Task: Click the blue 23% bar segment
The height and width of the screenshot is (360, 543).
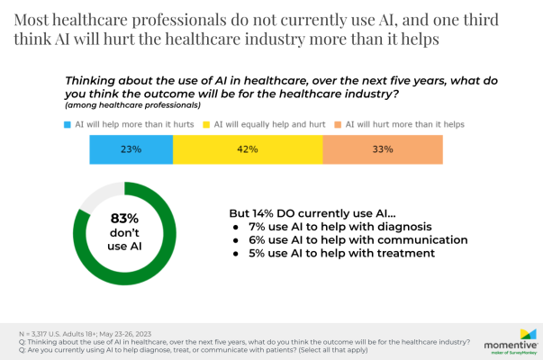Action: click(131, 149)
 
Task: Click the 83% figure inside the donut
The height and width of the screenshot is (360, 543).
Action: click(124, 218)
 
